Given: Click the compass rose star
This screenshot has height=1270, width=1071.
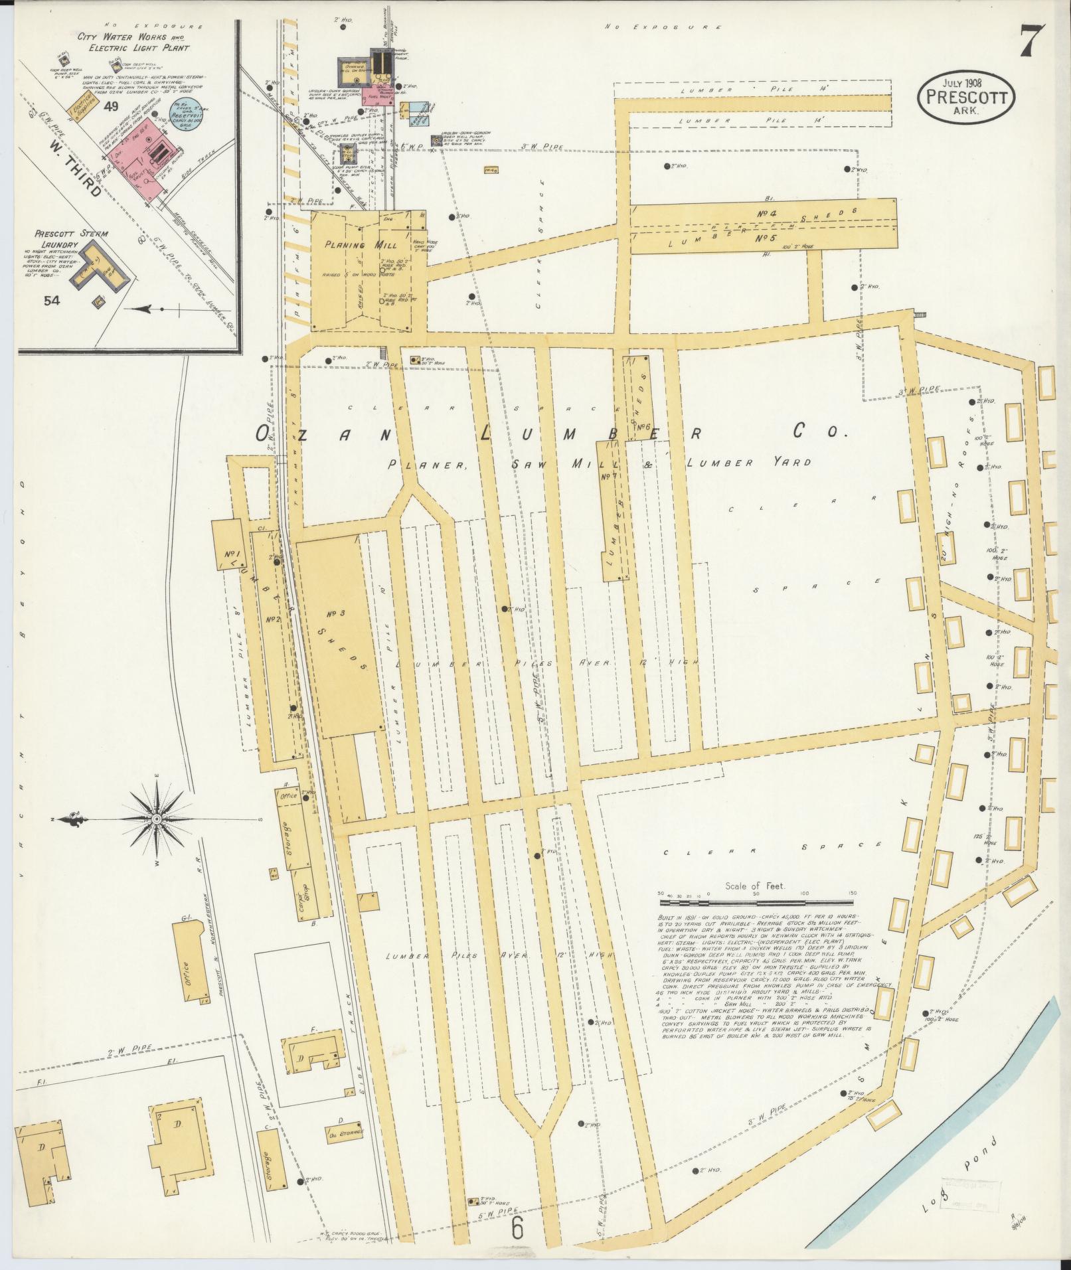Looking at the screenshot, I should click(157, 821).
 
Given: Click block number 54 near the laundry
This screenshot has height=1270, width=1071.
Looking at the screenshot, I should click(52, 300).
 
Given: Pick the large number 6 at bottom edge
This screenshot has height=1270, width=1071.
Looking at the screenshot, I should click(518, 1228).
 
